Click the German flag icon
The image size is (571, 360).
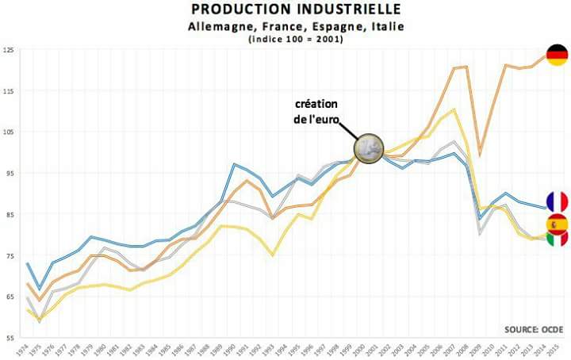557,55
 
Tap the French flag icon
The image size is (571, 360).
557,202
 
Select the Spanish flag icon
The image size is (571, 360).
557,224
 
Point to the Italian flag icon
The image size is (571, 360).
557,237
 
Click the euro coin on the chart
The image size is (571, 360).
369,148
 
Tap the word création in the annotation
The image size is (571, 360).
316,105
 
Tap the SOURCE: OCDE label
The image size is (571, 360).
533,328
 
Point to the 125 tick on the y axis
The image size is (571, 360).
9,51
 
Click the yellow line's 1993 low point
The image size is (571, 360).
272,255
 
